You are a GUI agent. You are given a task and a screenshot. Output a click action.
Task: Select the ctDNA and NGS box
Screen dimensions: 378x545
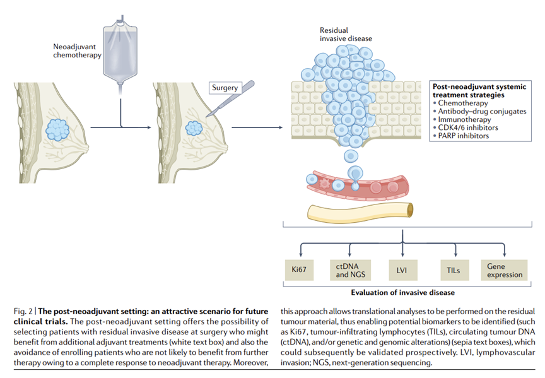coord(348,270)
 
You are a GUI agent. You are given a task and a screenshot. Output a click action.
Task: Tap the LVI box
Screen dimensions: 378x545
coord(401,270)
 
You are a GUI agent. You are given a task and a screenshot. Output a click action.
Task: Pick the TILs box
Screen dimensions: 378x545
coord(453,270)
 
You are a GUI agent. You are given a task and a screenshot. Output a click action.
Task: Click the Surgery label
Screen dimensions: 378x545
coord(225,88)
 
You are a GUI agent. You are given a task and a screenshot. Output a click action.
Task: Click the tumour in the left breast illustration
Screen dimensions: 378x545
coord(59,130)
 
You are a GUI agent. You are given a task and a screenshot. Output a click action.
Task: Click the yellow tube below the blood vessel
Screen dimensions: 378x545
coord(360,211)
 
